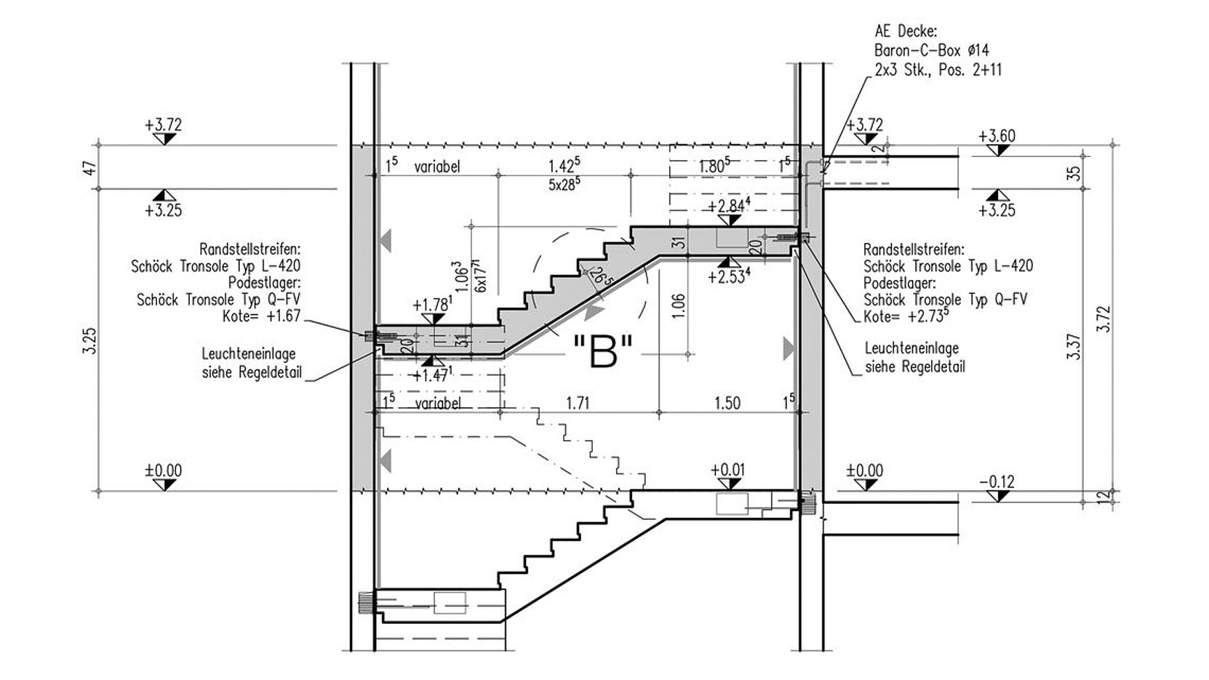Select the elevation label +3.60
(997, 136)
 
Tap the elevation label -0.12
(997, 481)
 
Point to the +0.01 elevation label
(727, 470)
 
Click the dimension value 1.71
(578, 403)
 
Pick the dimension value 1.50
(727, 403)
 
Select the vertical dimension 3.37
(1074, 347)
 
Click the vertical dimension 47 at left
(90, 168)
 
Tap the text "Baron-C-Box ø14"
(932, 51)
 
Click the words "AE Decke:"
(906, 32)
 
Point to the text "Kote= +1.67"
(261, 316)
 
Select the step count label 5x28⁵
(564, 184)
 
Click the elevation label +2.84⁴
(729, 206)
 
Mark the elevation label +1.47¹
(432, 375)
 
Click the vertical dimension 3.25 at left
(90, 340)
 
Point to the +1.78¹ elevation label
(432, 305)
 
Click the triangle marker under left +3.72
(164, 139)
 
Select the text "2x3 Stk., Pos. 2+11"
(938, 70)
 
